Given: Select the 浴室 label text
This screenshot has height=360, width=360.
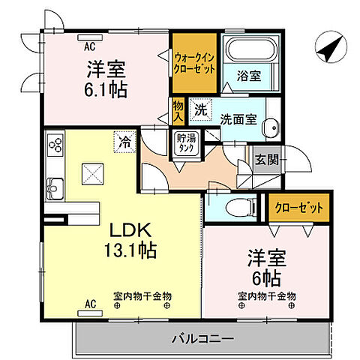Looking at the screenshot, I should click(248, 76).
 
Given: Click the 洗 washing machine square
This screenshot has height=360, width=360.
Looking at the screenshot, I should click(200, 108).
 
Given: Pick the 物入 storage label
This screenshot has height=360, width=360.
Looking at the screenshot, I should click(178, 113).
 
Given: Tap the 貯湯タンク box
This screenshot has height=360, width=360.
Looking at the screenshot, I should click(184, 143).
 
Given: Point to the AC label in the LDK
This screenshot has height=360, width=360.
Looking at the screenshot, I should click(91, 304).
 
